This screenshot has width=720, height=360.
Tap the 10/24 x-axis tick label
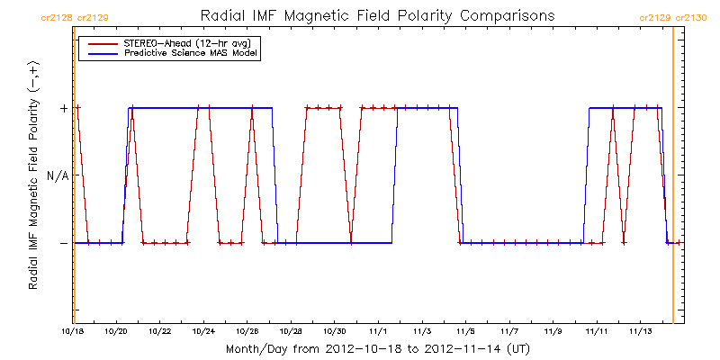[x=203, y=331]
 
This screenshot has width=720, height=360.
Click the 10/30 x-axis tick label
[x=335, y=331]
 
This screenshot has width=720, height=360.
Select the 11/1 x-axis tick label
[x=378, y=331]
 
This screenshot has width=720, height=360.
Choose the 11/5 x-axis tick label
[x=466, y=331]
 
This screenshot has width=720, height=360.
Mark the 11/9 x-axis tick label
[x=553, y=331]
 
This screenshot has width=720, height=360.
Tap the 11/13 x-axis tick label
[x=641, y=331]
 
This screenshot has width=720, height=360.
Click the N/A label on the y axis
[x=58, y=175]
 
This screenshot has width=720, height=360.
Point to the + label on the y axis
[x=63, y=108]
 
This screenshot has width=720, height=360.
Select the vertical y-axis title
[x=33, y=176]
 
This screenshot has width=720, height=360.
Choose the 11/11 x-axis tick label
[x=597, y=331]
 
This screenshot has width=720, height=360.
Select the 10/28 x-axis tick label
[x=247, y=331]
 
